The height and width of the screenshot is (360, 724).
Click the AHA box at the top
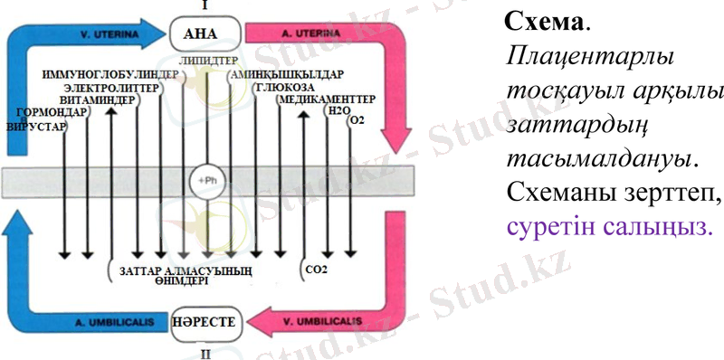point(207,33)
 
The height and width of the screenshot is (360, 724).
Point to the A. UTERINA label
point(307,33)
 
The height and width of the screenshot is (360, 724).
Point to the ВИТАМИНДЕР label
point(96,100)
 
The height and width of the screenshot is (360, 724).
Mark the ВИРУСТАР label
point(36,128)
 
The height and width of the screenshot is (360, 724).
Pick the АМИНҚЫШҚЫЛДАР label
point(281,73)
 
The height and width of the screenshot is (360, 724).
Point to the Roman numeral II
point(205,352)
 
